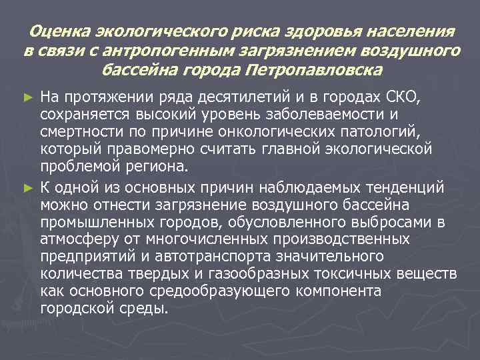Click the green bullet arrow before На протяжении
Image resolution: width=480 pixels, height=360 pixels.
pyautogui.click(x=28, y=99)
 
